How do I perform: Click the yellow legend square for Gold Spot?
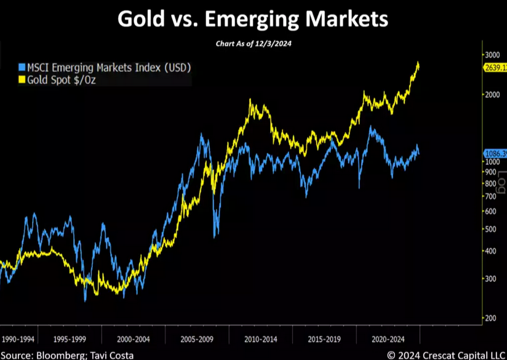[x=22, y=79]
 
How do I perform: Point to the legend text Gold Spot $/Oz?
[x=61, y=79]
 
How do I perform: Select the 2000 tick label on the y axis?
[x=490, y=95]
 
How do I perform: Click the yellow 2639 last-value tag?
[x=494, y=68]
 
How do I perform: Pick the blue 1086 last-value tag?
[x=494, y=153]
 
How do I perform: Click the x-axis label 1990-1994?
[x=18, y=338]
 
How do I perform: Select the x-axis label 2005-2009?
[x=198, y=338]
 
